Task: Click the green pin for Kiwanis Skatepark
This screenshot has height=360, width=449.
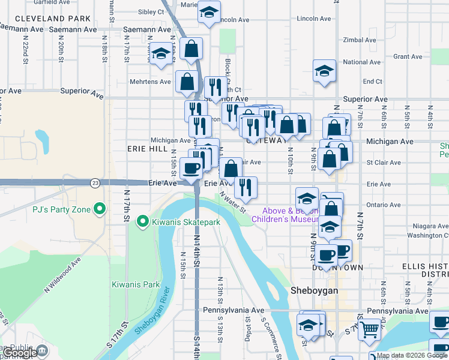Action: (x=143, y=222)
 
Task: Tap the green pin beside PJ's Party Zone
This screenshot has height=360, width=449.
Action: (x=100, y=209)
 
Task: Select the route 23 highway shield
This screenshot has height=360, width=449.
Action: (x=95, y=182)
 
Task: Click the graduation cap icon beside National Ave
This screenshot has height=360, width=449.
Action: (x=324, y=71)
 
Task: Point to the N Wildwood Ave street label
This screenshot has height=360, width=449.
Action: (x=61, y=275)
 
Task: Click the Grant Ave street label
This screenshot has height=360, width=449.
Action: (x=407, y=56)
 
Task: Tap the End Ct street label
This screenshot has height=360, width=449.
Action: (x=372, y=82)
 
